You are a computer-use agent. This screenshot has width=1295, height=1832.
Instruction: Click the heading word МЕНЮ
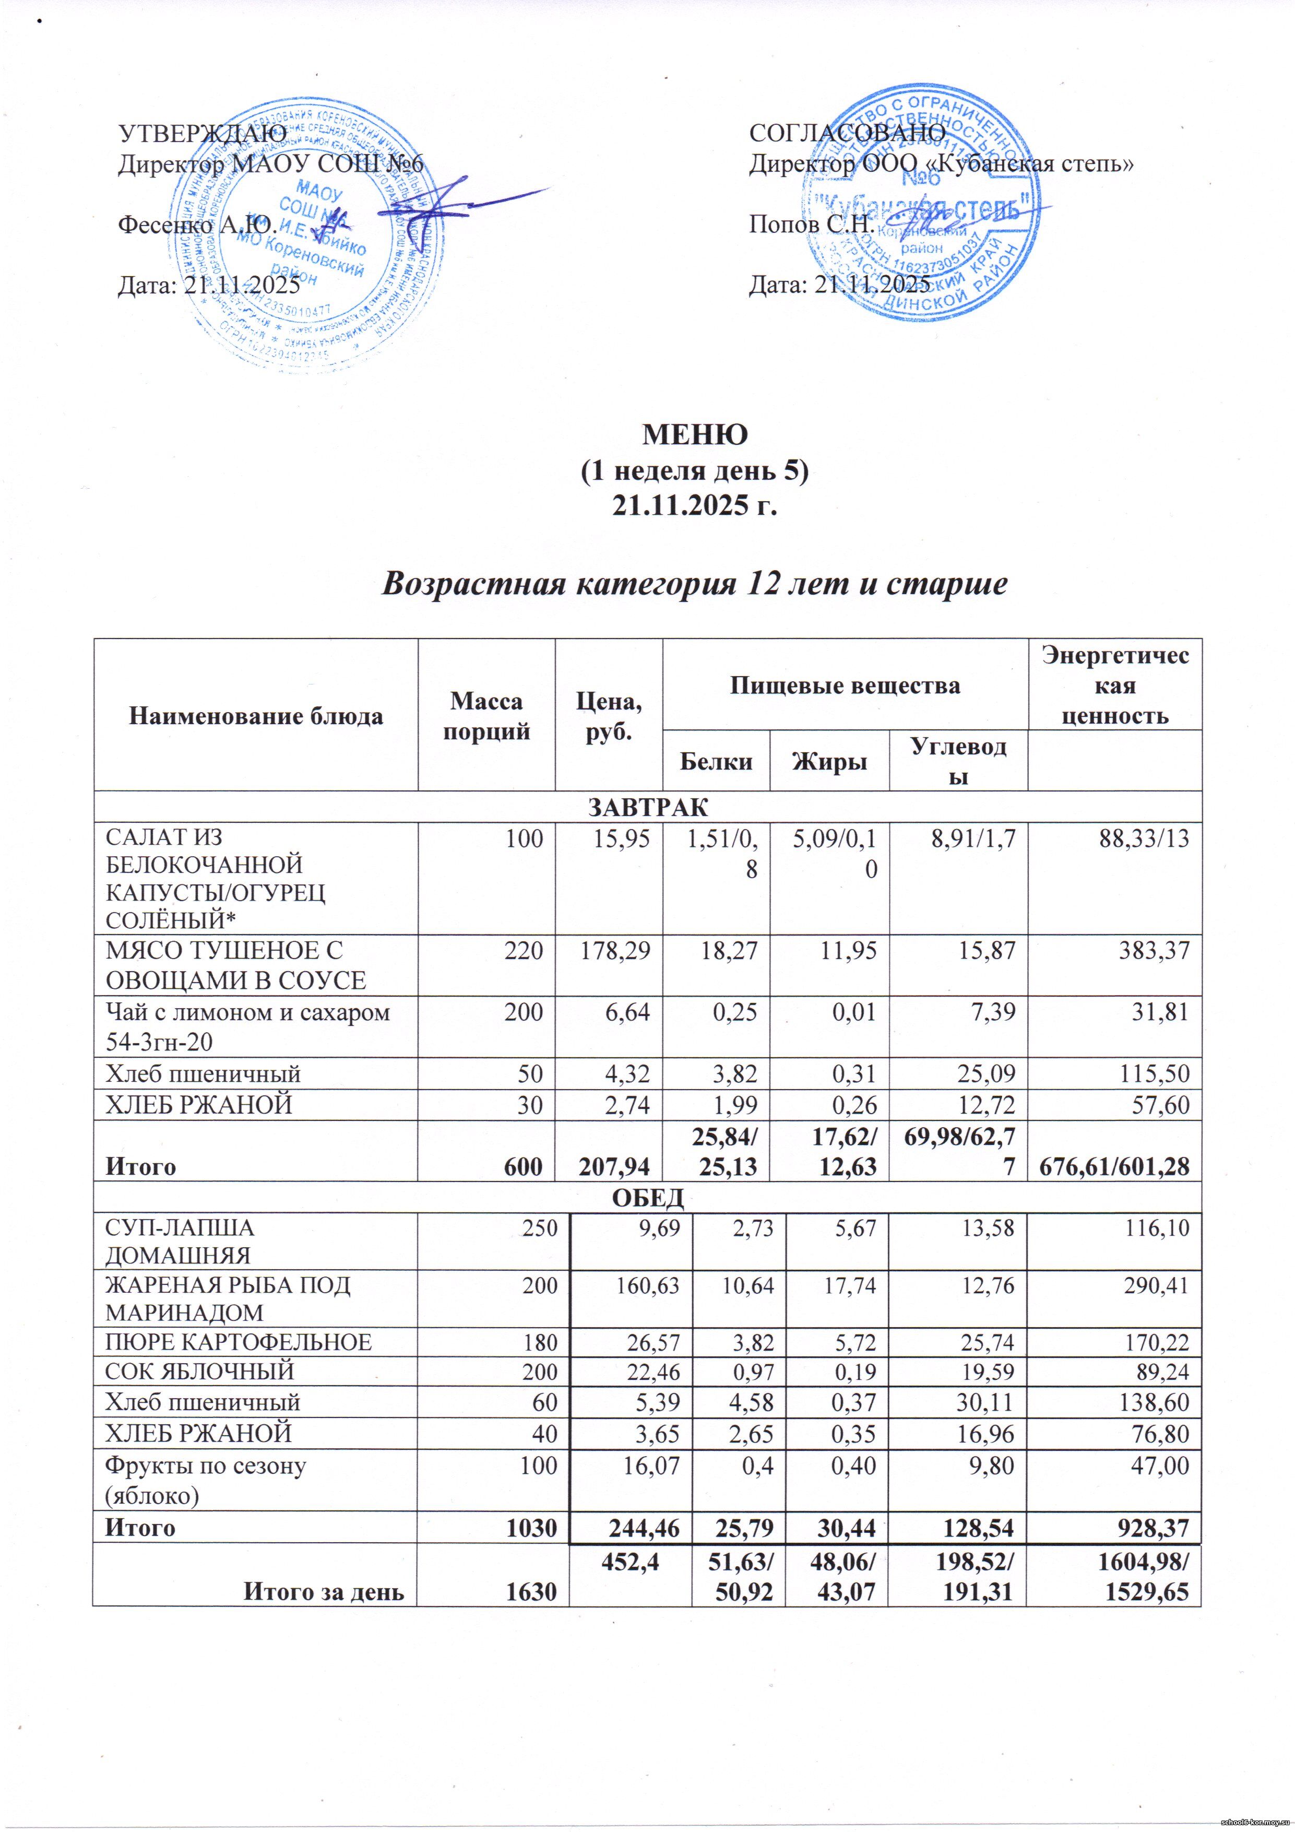[x=695, y=434]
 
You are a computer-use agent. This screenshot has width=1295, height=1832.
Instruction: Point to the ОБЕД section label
[x=647, y=1198]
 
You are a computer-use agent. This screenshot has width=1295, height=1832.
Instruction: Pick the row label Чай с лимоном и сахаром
[x=247, y=1012]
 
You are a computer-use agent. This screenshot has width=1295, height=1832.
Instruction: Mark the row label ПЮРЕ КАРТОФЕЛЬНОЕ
[x=239, y=1342]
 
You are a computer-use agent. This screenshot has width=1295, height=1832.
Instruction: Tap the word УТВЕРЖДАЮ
[x=202, y=133]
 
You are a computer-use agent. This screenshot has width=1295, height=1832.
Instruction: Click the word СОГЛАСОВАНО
[x=847, y=133]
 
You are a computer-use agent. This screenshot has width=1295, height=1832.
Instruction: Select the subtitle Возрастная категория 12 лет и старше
[x=694, y=585]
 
